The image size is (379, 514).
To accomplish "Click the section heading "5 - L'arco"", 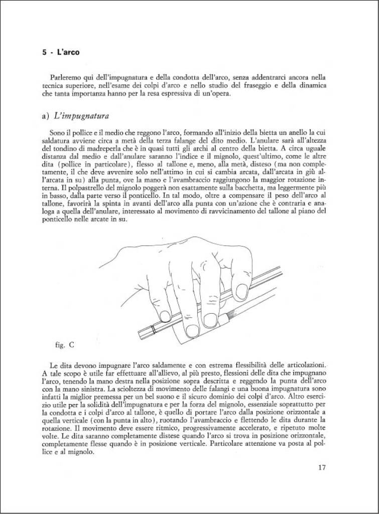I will click(61, 52).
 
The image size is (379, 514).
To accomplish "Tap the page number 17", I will click(322, 468).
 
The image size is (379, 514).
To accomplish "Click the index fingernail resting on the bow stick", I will click(241, 290).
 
